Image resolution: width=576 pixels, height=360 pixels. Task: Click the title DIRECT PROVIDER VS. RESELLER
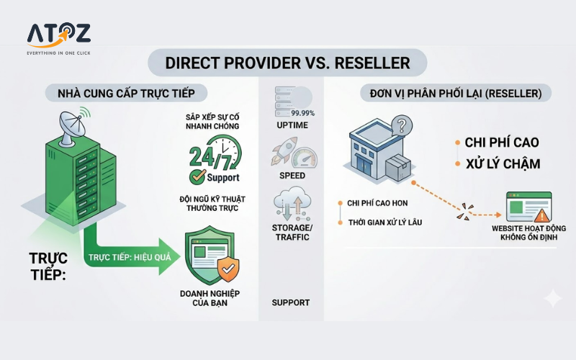[287, 62]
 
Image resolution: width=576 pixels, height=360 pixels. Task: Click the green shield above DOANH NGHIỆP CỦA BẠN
[215, 256]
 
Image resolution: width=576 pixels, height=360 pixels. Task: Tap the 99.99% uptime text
[302, 113]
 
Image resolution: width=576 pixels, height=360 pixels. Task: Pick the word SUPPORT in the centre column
[291, 302]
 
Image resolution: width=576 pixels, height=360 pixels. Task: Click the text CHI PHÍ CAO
[502, 142]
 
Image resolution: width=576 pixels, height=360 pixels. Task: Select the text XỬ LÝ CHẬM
[502, 164]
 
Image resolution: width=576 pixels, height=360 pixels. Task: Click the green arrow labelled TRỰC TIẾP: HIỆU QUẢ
[126, 256]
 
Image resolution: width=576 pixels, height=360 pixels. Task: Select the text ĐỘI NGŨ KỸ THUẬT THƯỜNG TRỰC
[214, 204]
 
